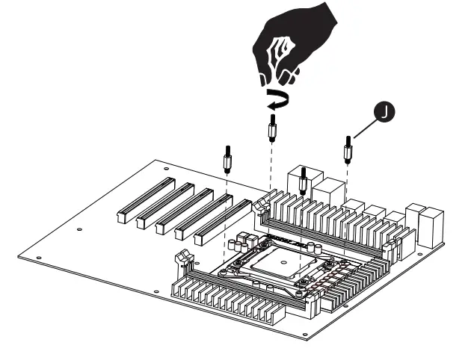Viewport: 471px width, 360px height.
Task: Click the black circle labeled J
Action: point(383,112)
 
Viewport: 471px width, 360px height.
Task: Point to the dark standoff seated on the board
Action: point(303,177)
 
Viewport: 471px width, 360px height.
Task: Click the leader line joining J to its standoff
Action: point(363,131)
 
